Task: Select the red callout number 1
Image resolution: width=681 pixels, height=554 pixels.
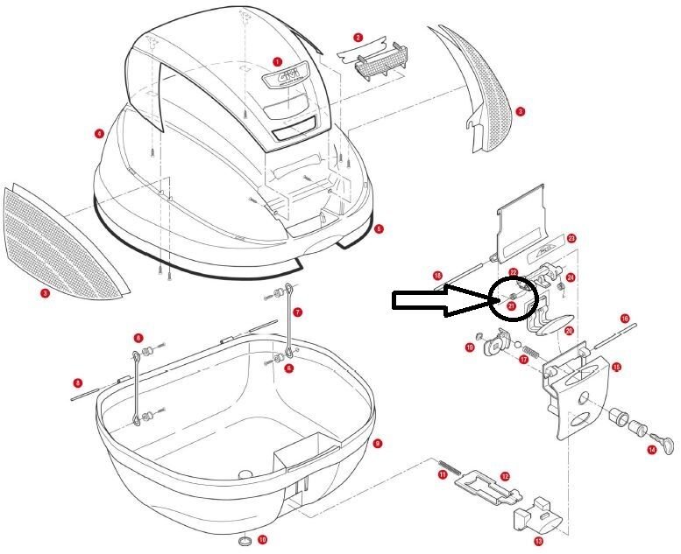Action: pyautogui.click(x=277, y=62)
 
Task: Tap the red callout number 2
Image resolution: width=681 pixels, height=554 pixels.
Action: pyautogui.click(x=358, y=38)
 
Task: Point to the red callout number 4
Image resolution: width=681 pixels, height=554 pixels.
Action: pyautogui.click(x=101, y=134)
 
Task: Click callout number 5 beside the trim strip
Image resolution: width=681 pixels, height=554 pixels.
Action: pyautogui.click(x=379, y=229)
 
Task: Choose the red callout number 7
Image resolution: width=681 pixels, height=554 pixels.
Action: pyautogui.click(x=298, y=312)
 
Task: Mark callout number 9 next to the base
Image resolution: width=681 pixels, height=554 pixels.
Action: pyautogui.click(x=376, y=444)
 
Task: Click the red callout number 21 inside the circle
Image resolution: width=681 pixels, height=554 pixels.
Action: pyautogui.click(x=511, y=306)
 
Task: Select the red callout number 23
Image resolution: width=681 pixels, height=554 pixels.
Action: pyautogui.click(x=571, y=238)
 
